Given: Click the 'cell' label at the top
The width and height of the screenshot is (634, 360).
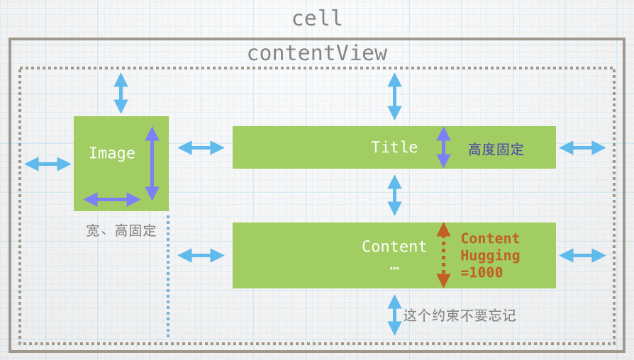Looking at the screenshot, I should point(317,18).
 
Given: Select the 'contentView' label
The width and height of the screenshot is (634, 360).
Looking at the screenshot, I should point(317,53).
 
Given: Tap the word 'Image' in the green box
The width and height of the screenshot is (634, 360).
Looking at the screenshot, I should point(111,153).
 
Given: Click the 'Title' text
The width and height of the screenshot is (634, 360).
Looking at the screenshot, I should point(394,147).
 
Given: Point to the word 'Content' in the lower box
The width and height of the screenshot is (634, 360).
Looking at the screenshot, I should point(394,246).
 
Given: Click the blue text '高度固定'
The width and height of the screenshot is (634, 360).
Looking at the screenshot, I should point(496,150).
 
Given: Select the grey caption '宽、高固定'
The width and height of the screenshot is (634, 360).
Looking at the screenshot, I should point(121,230).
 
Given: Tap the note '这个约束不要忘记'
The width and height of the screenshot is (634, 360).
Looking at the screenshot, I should point(460,315).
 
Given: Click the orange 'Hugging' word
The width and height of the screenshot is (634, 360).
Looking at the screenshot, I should point(490,255).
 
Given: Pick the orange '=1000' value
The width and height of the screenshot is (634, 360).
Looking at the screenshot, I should point(482,272).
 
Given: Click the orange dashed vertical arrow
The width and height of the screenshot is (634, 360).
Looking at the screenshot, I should point(443,255).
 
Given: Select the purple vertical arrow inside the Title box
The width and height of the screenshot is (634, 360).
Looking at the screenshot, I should point(443,147).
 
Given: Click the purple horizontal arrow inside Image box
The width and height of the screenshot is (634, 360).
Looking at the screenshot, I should point(112,200).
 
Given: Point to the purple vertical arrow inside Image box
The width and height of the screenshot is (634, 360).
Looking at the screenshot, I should point(151,164).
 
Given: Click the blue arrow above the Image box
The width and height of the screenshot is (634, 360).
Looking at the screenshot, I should point(121,93).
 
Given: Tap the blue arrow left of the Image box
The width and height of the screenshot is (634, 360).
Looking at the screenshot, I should point(48,164).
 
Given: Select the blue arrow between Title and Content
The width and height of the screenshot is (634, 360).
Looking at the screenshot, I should point(394,195).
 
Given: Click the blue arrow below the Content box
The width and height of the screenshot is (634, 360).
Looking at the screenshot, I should point(394,315).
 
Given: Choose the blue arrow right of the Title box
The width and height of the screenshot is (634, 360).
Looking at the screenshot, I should point(582,147).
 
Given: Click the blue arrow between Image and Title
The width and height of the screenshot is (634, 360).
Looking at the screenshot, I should point(201,147).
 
